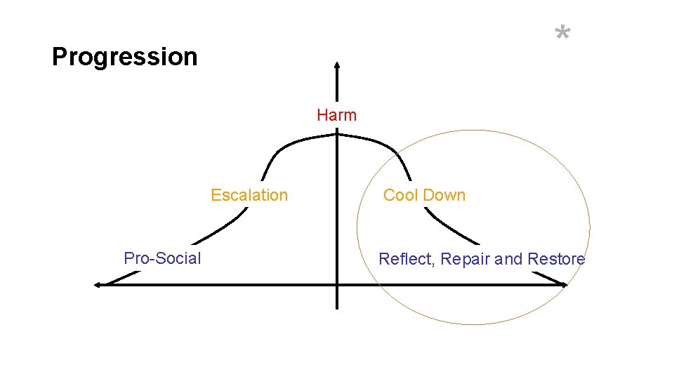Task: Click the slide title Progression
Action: [x=125, y=57]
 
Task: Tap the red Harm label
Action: [x=336, y=115]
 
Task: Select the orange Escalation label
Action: [x=249, y=195]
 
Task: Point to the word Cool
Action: [x=400, y=195]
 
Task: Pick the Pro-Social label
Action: [x=162, y=258]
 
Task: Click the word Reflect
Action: [x=407, y=259]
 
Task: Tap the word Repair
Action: [x=465, y=259]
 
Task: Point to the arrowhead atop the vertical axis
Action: [x=337, y=65]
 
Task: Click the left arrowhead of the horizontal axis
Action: [x=98, y=284]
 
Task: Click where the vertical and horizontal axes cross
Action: [x=337, y=284]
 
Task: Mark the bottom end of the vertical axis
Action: [x=337, y=307]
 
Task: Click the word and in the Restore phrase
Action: [x=509, y=259]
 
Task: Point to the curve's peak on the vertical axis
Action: [x=337, y=135]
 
